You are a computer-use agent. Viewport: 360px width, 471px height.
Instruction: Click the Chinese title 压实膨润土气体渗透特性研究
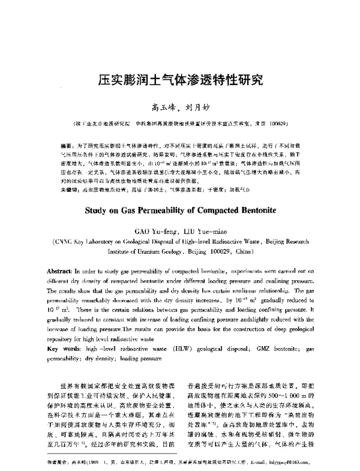coord(179,79)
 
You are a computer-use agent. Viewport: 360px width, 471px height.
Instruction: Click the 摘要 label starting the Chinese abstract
coord(68,146)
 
